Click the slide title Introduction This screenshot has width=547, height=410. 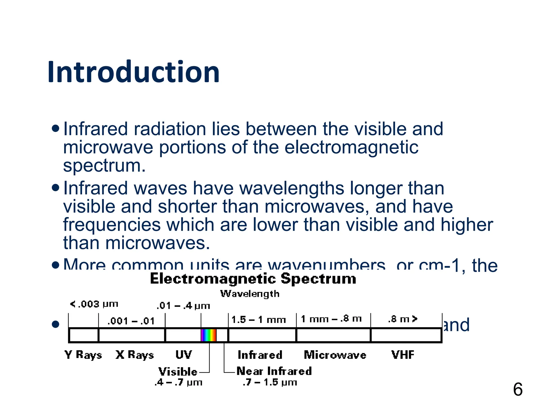coord(134,72)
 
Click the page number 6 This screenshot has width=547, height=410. coord(518,389)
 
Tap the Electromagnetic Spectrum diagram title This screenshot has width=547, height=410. coord(253,279)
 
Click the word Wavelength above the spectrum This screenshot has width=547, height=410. coord(250,294)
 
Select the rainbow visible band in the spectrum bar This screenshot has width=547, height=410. coord(209,335)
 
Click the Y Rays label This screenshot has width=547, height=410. coord(83,355)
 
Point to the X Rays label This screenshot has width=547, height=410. coord(135,355)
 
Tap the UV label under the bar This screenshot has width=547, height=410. coord(183,355)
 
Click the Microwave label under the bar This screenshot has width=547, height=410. coord(335,355)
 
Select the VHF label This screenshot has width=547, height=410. coord(403,355)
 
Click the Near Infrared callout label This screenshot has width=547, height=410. coord(274,371)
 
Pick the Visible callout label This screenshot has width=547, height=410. coord(178,372)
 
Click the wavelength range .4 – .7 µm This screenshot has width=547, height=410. coord(178,383)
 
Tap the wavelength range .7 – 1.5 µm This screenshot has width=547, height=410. coord(270,383)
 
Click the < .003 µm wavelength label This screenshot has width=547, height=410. coord(94,304)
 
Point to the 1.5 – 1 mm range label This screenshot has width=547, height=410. coord(259,320)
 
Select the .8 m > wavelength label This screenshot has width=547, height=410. coord(403,319)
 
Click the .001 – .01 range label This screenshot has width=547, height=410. coord(131,321)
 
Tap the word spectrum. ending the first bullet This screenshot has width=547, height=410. coord(104,165)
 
